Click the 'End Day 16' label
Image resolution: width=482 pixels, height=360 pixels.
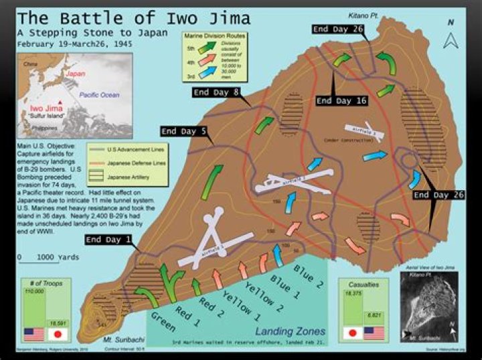[341, 100]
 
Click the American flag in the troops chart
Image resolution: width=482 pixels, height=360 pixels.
[33, 333]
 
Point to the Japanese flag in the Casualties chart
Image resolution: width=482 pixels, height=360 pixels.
[353, 332]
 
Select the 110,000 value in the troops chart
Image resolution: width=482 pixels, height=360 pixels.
[33, 292]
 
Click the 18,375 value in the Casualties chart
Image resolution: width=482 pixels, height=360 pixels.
[352, 293]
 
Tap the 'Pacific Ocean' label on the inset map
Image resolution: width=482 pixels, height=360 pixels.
[97, 95]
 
